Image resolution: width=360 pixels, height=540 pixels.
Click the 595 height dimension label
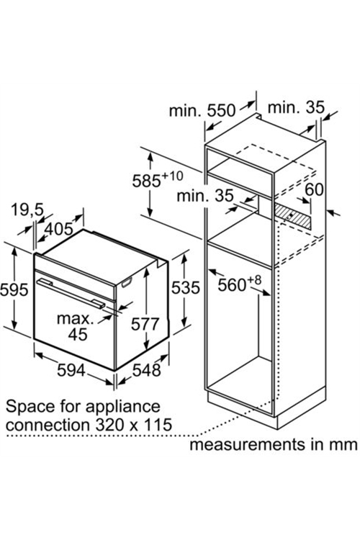14,289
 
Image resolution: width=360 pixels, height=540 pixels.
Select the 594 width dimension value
71,370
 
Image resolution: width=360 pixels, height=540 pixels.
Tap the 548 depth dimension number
147,370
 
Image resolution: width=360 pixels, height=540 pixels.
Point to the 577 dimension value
145,324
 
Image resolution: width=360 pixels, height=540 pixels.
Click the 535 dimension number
186,287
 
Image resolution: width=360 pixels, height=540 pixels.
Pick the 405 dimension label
59,229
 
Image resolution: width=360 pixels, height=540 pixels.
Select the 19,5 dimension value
27,210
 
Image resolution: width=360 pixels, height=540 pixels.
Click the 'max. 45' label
76,326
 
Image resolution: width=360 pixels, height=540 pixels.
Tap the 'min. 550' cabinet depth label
202,111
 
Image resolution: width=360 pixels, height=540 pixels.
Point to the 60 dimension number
314,190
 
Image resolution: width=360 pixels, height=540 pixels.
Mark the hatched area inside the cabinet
293,215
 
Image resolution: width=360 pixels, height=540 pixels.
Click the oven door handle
71,294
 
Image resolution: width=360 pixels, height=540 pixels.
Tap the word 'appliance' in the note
122,407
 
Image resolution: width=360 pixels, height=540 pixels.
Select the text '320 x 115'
134,425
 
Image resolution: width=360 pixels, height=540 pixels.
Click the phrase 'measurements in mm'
274,444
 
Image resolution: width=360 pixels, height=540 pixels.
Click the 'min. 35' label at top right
296,107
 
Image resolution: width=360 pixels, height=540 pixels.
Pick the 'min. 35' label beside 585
205,196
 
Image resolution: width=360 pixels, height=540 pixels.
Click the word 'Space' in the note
30,407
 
